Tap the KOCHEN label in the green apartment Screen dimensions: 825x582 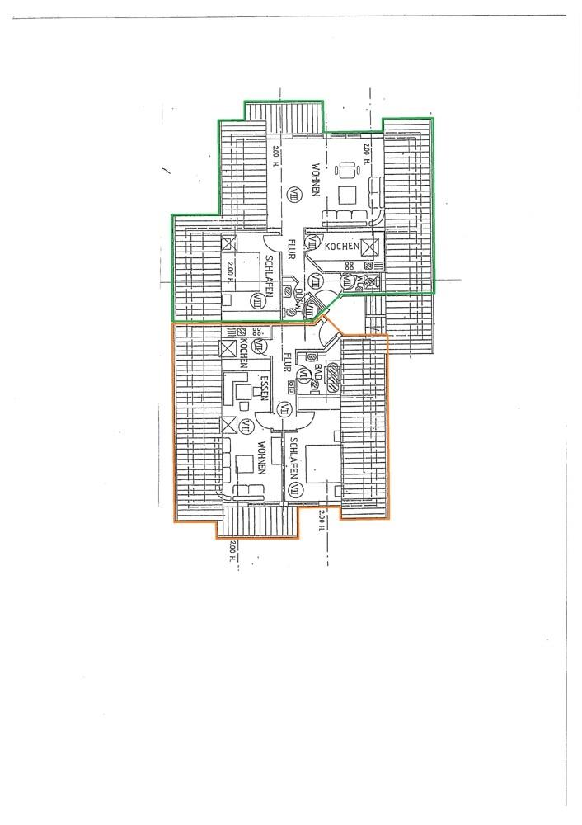(x=340, y=247)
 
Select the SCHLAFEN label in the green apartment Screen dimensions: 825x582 (x=270, y=278)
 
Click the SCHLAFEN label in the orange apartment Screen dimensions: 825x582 (x=290, y=457)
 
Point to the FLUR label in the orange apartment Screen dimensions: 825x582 (x=288, y=364)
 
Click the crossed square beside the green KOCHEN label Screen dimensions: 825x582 (x=369, y=247)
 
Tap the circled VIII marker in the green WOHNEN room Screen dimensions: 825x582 (x=294, y=194)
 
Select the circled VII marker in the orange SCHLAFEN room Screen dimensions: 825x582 (x=295, y=490)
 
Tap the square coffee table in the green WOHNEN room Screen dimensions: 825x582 (x=347, y=196)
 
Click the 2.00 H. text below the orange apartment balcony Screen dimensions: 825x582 (x=232, y=550)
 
